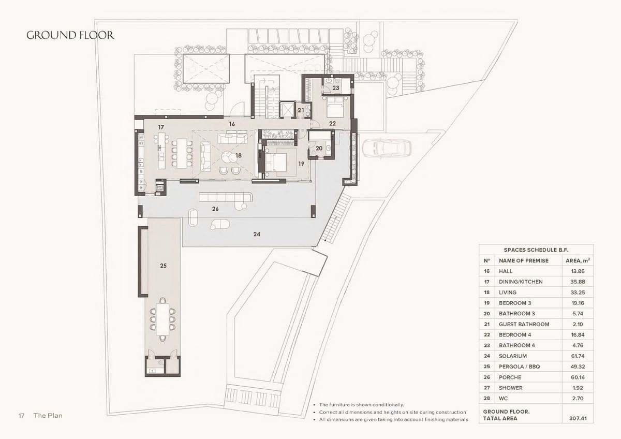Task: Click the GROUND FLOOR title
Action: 70,35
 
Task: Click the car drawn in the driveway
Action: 386,149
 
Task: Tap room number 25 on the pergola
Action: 163,266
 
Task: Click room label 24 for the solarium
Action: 257,234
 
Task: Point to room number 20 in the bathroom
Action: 319,148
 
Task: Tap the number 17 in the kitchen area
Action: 161,127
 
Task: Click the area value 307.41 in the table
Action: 578,418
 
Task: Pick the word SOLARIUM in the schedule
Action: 512,356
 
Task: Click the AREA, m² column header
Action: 578,260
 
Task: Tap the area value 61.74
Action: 578,356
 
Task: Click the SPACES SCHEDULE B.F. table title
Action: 536,250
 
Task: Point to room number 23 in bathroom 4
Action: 336,88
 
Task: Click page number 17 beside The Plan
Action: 22,416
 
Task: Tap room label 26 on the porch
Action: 215,209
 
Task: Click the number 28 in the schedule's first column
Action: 486,398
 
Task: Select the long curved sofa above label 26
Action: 226,197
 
